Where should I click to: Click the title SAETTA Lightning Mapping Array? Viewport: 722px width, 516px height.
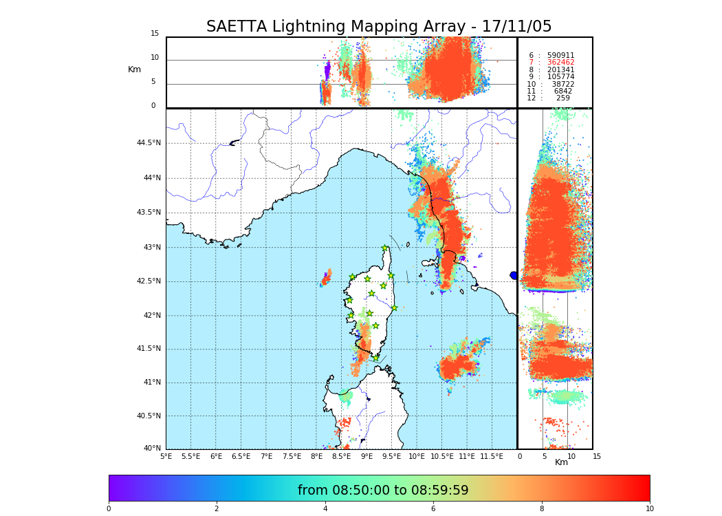pyautogui.click(x=379, y=27)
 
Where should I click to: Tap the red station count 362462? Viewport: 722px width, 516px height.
pyautogui.click(x=560, y=63)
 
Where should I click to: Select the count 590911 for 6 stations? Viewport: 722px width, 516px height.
pyautogui.click(x=560, y=55)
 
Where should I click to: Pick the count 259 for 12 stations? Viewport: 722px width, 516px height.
pyautogui.click(x=563, y=98)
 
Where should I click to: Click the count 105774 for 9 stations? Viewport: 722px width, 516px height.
pyautogui.click(x=560, y=77)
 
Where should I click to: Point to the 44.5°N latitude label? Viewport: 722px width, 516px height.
pyautogui.click(x=149, y=143)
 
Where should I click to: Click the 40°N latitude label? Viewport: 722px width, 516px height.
pyautogui.click(x=152, y=449)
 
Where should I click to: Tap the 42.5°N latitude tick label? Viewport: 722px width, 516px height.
pyautogui.click(x=149, y=281)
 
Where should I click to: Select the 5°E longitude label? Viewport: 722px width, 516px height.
pyautogui.click(x=166, y=456)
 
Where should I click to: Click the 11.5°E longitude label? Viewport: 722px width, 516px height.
pyautogui.click(x=492, y=456)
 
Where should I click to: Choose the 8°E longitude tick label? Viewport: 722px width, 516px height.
pyautogui.click(x=316, y=456)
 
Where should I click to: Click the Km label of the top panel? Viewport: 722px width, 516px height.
pyautogui.click(x=134, y=69)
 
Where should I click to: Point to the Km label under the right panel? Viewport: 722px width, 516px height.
pyautogui.click(x=561, y=462)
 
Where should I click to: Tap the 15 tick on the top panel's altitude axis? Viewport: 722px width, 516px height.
pyautogui.click(x=155, y=34)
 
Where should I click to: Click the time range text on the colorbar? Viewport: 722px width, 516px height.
pyautogui.click(x=383, y=491)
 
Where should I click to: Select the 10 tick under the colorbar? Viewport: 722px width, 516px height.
pyautogui.click(x=649, y=509)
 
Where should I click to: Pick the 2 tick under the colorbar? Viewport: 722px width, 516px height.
pyautogui.click(x=217, y=509)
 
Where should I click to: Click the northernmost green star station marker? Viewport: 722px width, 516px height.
pyautogui.click(x=385, y=248)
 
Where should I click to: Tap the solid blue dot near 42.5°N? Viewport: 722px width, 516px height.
pyautogui.click(x=513, y=275)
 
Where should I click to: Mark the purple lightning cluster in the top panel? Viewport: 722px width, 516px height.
pyautogui.click(x=327, y=70)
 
